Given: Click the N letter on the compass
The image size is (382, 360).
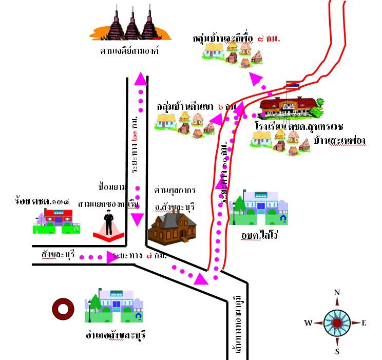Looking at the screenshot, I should tap(337, 292).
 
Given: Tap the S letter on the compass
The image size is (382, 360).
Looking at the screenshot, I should tap(337, 352).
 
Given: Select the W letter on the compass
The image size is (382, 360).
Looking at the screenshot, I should tap(308, 323).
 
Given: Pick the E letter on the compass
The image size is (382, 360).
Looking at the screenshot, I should tap(365, 323).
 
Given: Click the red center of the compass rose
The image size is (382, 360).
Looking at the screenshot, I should tap(337, 323).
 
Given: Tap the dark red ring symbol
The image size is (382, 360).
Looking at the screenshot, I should tap(63, 309).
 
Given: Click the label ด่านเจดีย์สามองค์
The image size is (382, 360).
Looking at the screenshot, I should tap(130, 51).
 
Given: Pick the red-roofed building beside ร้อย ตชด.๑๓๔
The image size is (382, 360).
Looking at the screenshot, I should tap(58, 220).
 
